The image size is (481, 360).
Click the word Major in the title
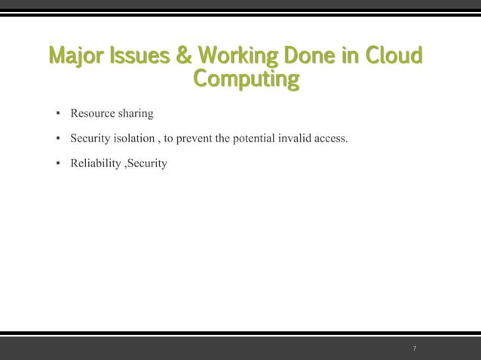pyautogui.click(x=72, y=56)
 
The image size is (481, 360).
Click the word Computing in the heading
pyautogui.click(x=246, y=78)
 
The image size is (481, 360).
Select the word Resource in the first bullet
pyautogui.click(x=93, y=114)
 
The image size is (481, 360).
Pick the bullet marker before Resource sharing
pyautogui.click(x=57, y=114)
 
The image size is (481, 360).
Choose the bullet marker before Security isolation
pyautogui.click(x=57, y=139)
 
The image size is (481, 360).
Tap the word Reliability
pyautogui.click(x=95, y=163)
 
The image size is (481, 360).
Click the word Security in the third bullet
pyautogui.click(x=148, y=163)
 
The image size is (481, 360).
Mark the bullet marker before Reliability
pyautogui.click(x=57, y=163)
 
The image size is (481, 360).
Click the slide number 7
pyautogui.click(x=415, y=349)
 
